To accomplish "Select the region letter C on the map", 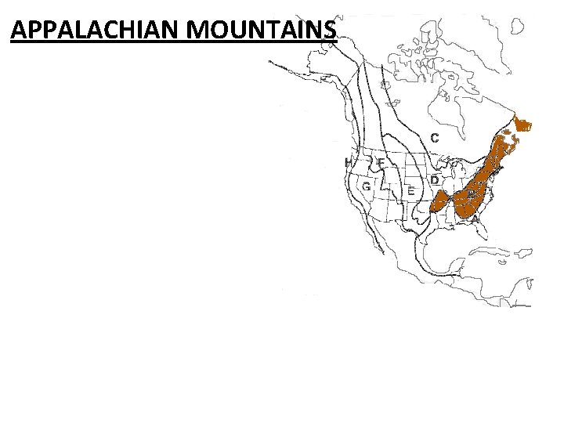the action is (434, 138).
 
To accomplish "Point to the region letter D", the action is (433, 180).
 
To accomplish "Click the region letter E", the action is (411, 192).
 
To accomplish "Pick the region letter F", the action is (381, 163).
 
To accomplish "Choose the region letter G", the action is (366, 186).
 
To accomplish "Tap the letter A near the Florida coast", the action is (475, 220).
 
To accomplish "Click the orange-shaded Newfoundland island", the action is (522, 124).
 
